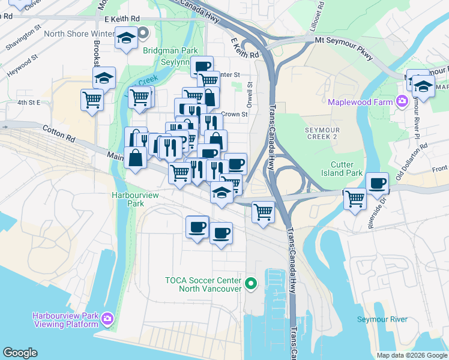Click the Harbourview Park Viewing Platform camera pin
coord(108,318)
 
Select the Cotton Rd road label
coord(58,133)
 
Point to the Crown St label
coord(234,114)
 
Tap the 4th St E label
coord(28,103)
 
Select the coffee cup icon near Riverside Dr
coord(378,183)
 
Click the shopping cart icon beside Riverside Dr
coord(355,197)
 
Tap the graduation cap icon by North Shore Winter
coord(126,38)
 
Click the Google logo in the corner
coord(20,353)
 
